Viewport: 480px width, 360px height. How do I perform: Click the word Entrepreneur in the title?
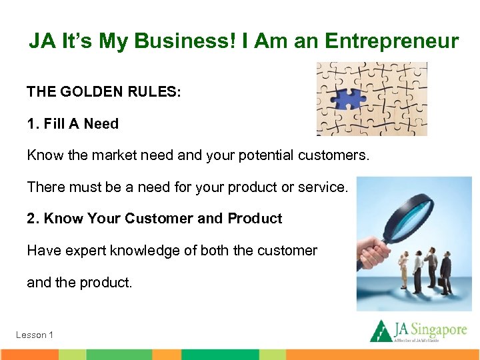click(x=391, y=41)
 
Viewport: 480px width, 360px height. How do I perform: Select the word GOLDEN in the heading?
click(x=93, y=92)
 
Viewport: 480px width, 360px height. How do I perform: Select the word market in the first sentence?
click(x=104, y=155)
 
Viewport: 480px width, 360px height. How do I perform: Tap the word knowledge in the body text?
click(x=145, y=251)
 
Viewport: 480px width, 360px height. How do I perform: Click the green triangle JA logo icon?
click(x=381, y=331)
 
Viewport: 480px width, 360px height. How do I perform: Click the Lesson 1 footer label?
click(x=35, y=335)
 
